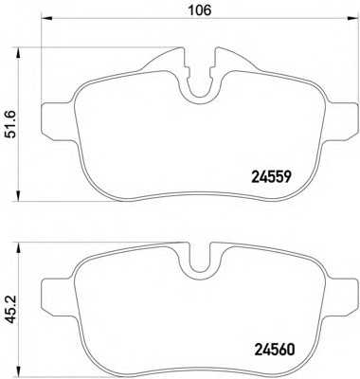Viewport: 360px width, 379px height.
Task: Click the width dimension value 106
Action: pos(199,10)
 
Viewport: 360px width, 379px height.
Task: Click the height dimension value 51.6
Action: pos(12,125)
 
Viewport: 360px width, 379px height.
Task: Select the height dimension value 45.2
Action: pos(12,310)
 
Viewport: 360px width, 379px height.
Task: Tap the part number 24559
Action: pos(271,177)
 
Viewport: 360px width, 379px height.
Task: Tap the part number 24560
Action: pos(274,350)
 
